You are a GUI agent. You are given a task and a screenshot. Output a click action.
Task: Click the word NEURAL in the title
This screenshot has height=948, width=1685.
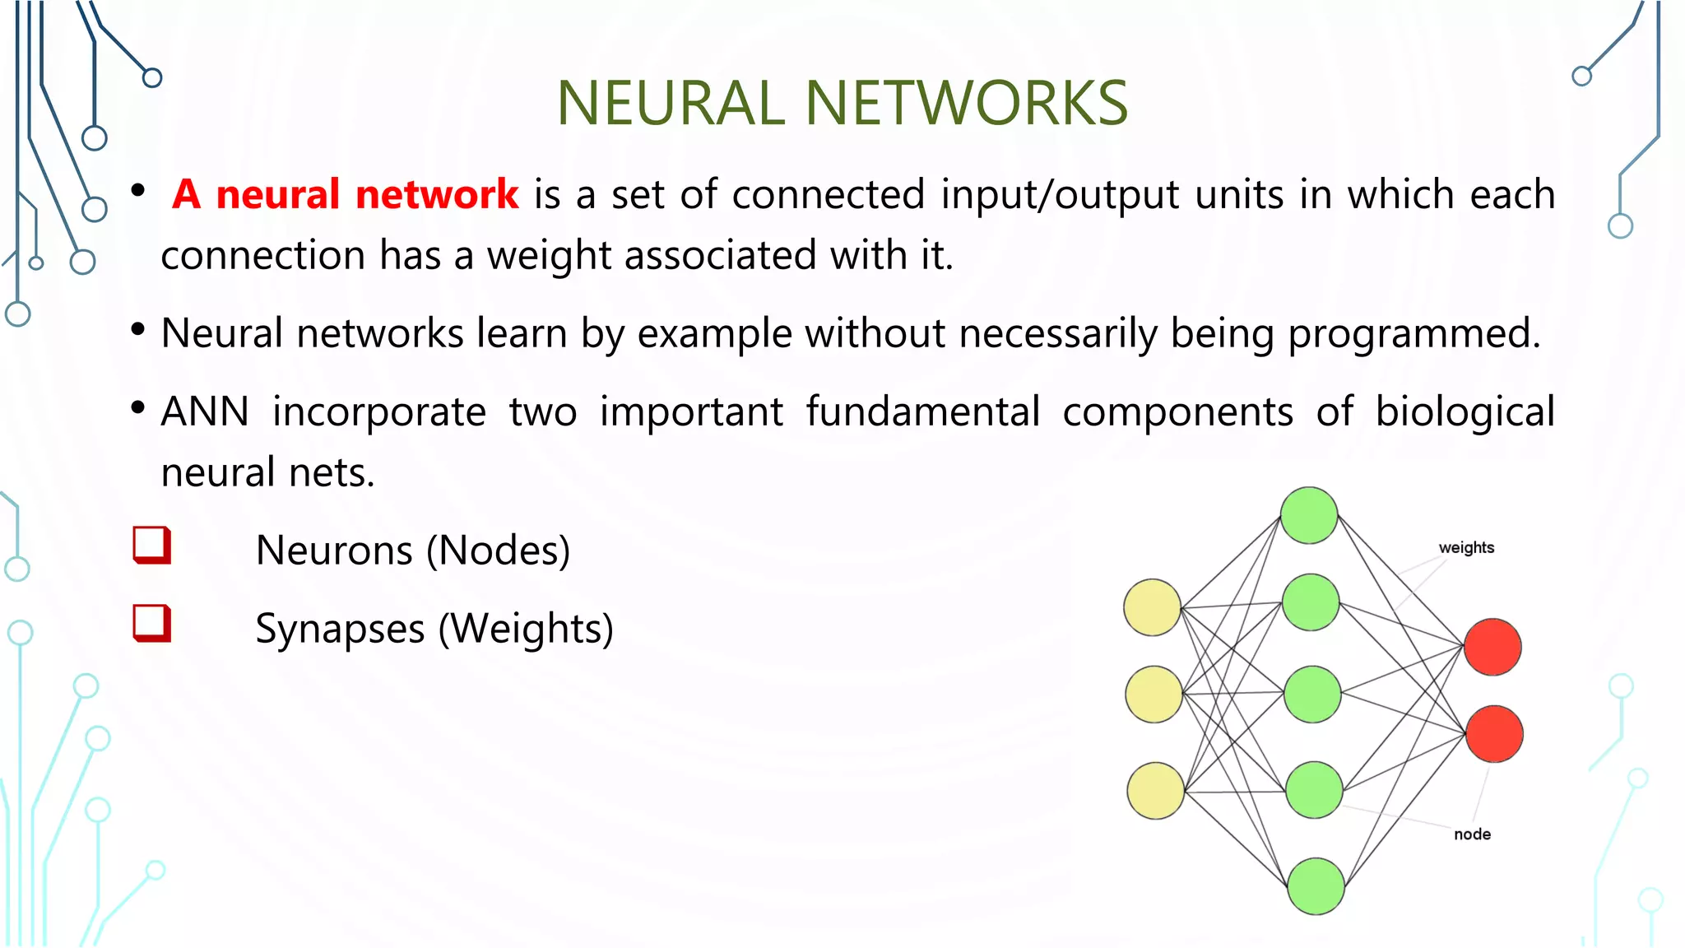(x=671, y=104)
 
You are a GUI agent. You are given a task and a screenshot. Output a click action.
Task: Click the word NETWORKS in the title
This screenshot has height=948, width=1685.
(x=966, y=104)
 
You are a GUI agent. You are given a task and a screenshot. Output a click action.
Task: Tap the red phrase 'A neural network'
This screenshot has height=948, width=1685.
(x=346, y=195)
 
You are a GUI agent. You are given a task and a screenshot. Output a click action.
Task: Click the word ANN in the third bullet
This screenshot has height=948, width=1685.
(x=205, y=411)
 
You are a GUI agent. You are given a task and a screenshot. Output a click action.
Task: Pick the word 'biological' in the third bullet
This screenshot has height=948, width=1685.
(x=1465, y=411)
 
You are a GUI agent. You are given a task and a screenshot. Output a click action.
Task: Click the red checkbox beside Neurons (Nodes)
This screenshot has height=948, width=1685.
(x=152, y=546)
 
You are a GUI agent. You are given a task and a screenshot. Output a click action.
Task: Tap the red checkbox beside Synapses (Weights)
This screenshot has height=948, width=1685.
(x=152, y=624)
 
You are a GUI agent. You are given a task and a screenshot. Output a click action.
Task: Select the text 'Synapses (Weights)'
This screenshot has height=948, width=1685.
(x=434, y=630)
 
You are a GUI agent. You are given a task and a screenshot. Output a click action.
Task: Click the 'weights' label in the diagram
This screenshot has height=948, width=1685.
(x=1466, y=548)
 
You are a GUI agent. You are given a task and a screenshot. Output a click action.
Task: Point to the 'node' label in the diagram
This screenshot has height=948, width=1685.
(x=1472, y=834)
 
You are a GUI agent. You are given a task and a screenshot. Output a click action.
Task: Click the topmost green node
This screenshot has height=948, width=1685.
(x=1309, y=516)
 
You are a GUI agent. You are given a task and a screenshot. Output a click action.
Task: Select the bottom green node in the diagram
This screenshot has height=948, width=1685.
(x=1315, y=886)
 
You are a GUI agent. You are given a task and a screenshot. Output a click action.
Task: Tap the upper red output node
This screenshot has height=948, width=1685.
(x=1492, y=647)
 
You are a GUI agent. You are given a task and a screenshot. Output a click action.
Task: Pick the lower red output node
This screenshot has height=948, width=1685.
(x=1494, y=734)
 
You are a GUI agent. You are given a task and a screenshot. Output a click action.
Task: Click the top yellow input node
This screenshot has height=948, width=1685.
(x=1153, y=607)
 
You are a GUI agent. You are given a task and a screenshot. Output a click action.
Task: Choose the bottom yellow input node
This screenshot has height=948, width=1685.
(x=1155, y=791)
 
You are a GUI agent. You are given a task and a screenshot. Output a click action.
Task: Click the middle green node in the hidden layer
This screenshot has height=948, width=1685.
(x=1312, y=695)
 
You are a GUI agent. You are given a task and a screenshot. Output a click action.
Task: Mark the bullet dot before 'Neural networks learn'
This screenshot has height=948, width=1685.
(x=138, y=330)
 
